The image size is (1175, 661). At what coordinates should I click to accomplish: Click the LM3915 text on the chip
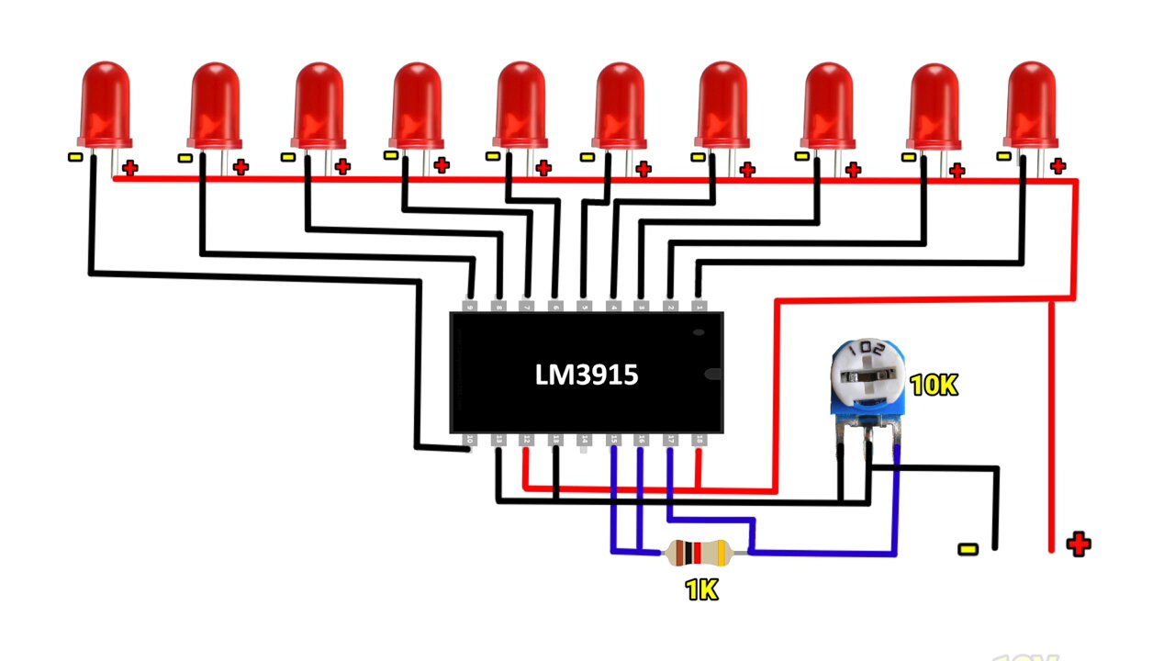coord(586,375)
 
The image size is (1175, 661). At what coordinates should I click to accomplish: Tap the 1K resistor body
coord(698,554)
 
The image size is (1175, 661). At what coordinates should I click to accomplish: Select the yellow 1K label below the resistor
coord(701,590)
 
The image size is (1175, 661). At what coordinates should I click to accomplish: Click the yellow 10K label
coord(934,386)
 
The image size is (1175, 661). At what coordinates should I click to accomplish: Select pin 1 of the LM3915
coord(699,306)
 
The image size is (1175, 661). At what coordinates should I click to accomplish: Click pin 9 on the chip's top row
coord(471,306)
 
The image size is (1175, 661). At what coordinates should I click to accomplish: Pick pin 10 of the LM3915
coord(469,440)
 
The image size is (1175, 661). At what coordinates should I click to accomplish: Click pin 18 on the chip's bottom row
coord(699,441)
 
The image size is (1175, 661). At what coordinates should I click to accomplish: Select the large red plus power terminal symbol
coord(1079,544)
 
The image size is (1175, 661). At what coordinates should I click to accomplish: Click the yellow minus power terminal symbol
coord(968,549)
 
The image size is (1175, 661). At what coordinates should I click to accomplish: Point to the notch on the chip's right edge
coord(716,374)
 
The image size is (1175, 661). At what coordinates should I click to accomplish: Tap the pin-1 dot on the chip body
coord(699,330)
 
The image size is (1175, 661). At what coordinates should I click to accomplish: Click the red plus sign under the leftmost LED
coord(130,168)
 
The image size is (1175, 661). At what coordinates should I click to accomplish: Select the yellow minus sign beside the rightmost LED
coord(1003,156)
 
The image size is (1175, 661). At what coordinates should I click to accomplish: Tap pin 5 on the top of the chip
coord(585,306)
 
